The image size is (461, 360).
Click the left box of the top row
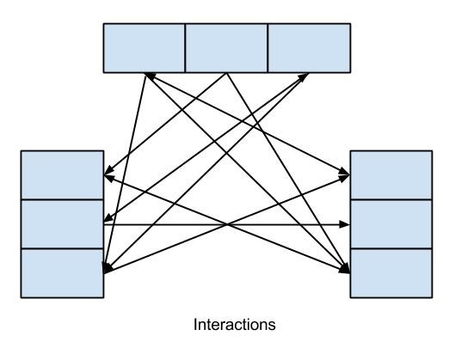click(x=144, y=48)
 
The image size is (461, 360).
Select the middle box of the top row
click(x=226, y=48)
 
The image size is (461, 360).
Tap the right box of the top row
click(x=309, y=48)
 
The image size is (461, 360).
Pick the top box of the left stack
click(x=62, y=175)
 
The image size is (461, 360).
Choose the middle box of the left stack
click(x=62, y=224)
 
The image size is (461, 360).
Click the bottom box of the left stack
click(x=62, y=273)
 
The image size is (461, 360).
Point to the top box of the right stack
click(x=391, y=175)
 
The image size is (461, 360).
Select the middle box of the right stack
click(x=391, y=224)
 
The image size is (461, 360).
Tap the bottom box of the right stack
click(x=391, y=273)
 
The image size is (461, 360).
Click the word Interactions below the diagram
click(x=235, y=325)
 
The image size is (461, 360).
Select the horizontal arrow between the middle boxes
click(x=227, y=224)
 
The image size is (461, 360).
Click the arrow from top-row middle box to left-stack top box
click(x=165, y=124)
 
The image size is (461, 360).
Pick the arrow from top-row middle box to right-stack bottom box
click(x=288, y=173)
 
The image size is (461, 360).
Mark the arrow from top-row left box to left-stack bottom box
click(x=125, y=173)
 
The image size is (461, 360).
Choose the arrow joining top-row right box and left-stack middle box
click(x=206, y=147)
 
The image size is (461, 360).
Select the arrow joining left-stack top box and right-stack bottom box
click(x=227, y=224)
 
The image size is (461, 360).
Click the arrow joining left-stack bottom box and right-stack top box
click(x=227, y=224)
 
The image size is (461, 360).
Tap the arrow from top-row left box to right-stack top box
click(x=247, y=124)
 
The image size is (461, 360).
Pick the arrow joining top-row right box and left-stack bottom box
click(x=206, y=174)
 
